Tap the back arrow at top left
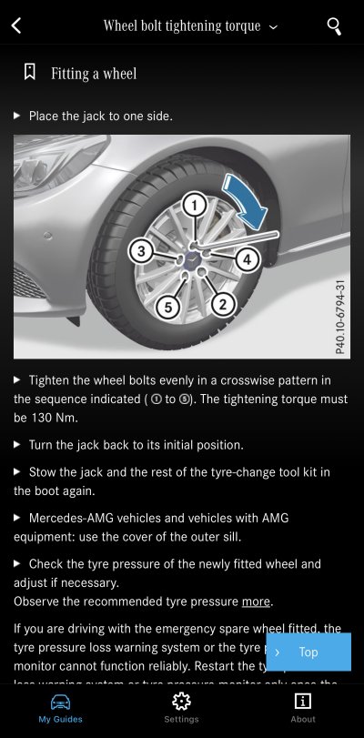click(16, 25)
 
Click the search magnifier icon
click(335, 25)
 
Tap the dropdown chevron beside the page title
click(273, 27)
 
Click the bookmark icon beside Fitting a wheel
click(30, 72)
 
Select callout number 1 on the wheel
click(193, 206)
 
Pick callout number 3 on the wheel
click(139, 250)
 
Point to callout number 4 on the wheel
click(246, 259)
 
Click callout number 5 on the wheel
click(165, 308)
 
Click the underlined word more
click(256, 602)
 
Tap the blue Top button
click(308, 652)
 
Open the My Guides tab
click(60, 706)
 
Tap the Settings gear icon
click(181, 701)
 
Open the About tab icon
click(303, 701)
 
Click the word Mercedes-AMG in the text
click(69, 517)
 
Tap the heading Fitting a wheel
click(94, 73)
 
